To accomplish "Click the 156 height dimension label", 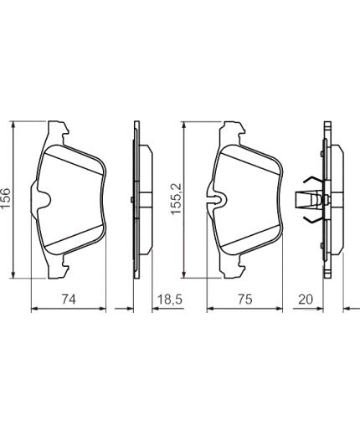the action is (6, 197).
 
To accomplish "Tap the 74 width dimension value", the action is (69, 299).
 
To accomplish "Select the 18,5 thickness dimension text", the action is (170, 299).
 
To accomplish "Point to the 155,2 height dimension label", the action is (177, 198).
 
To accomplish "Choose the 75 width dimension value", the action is (244, 299).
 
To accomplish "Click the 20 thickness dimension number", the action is (306, 299).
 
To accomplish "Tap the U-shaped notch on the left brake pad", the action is (45, 199).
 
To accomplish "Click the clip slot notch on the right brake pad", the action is (217, 199).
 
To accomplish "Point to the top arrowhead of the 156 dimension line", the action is (13, 125).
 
